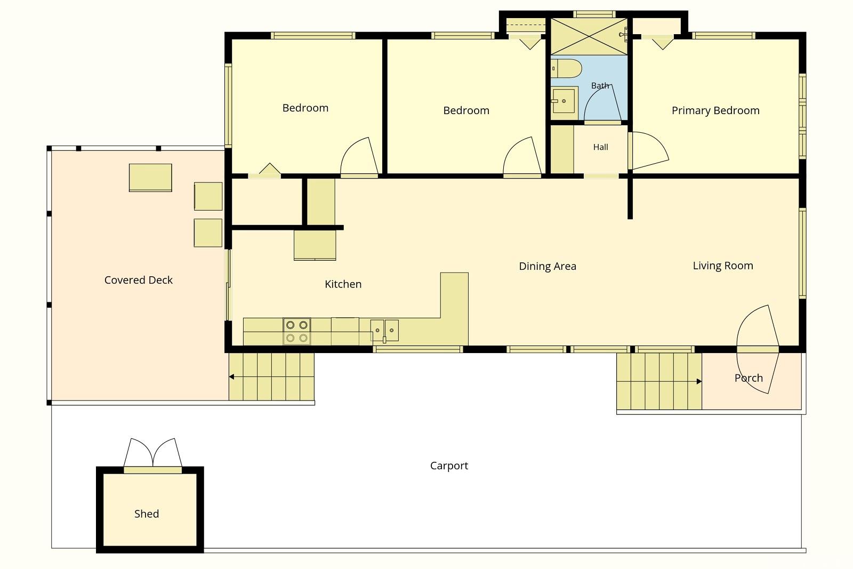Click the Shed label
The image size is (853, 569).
[147, 514]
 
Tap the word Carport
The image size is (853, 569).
[449, 466]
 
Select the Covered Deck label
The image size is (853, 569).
[138, 280]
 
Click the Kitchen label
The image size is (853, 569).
[343, 284]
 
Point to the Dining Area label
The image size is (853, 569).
[548, 266]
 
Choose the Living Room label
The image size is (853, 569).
[723, 266]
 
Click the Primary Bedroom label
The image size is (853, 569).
[715, 110]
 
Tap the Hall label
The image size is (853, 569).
[600, 147]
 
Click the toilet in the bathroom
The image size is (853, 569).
[566, 69]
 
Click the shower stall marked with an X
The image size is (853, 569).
[589, 37]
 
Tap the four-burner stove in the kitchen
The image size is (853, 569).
[296, 331]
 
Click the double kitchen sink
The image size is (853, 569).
[384, 331]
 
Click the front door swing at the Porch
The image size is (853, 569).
[758, 349]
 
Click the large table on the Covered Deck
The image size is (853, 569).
[150, 178]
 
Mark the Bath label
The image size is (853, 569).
[600, 86]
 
